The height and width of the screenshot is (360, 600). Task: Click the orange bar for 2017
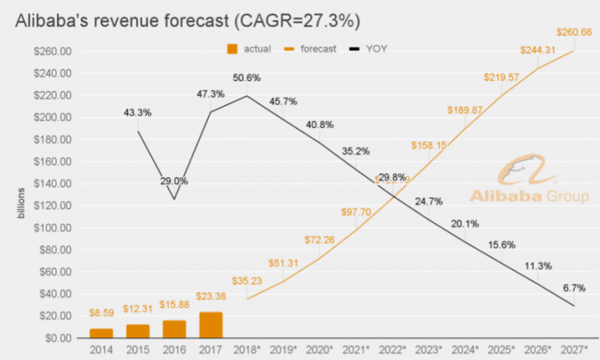tap(211, 325)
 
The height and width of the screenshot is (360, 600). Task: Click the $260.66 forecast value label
tap(573, 33)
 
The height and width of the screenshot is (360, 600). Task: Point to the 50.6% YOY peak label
tap(247, 78)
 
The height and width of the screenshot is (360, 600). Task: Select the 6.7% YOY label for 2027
tap(573, 288)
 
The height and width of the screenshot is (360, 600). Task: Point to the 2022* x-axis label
tap(391, 349)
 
